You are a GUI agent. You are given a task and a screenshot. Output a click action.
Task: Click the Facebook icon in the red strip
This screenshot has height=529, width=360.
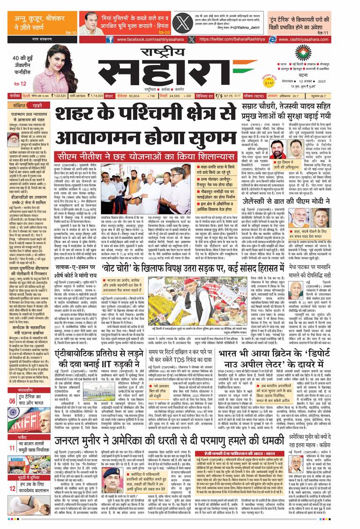pos(109,40)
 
